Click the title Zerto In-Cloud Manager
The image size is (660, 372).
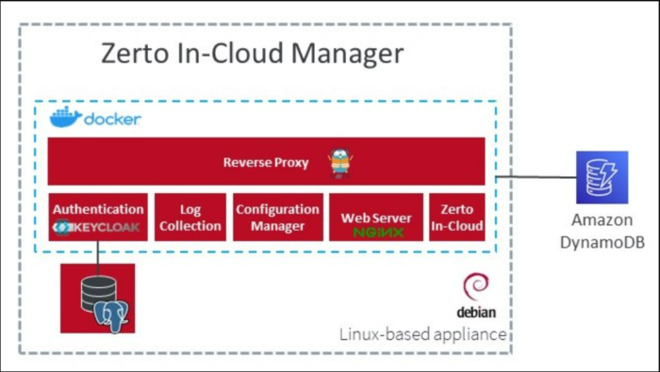(252, 54)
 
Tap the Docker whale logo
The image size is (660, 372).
(66, 118)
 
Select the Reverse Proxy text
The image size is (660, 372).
(266, 162)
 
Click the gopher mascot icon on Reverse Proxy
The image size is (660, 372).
(339, 163)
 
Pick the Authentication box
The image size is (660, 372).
(98, 218)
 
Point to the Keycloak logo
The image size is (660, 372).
(98, 227)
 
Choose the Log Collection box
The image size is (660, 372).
(190, 218)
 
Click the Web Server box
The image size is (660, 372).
(376, 218)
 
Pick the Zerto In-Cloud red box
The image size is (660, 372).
(457, 218)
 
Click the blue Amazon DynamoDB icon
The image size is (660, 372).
(602, 177)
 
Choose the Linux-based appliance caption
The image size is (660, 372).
(422, 334)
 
